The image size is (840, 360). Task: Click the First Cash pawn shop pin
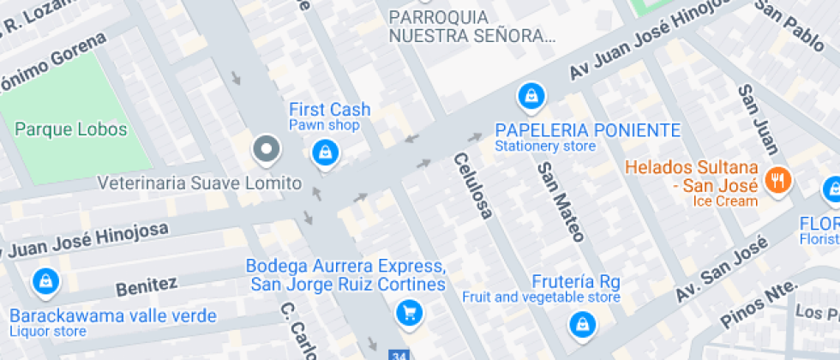pos(325,153)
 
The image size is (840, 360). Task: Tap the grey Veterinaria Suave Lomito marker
pos(267,150)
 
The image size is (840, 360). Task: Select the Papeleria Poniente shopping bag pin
pos(531,95)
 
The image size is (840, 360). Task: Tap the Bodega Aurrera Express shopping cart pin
pos(410,312)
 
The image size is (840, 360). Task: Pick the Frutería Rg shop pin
pos(583,323)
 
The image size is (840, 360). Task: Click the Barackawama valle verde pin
pos(44,280)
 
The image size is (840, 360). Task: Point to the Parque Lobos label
pos(71,130)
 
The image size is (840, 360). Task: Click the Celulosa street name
pos(473,184)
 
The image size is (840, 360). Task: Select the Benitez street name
pos(147,285)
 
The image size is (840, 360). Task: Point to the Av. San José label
pos(719,269)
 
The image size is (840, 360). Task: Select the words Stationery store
pos(544,147)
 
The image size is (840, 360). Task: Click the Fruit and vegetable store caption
pos(541,297)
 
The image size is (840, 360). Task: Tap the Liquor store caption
pos(48,332)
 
